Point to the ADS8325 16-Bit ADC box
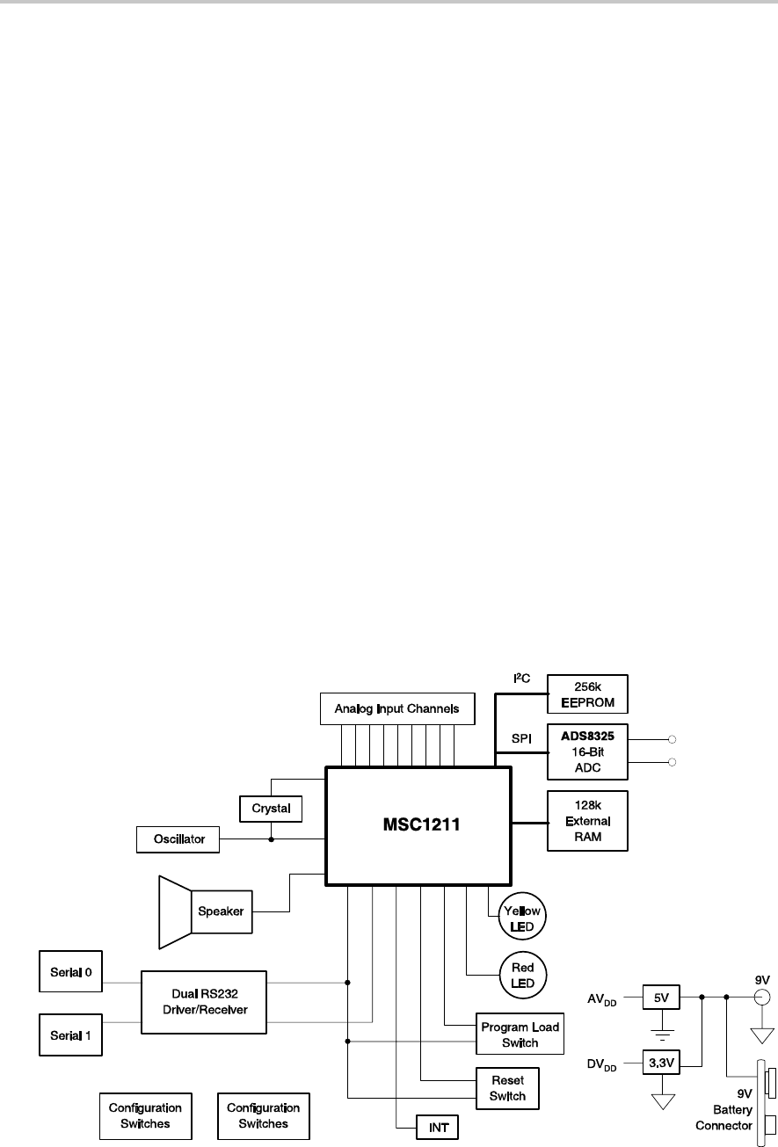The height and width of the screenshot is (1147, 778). pyautogui.click(x=587, y=751)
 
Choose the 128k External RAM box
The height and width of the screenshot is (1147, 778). pyautogui.click(x=587, y=821)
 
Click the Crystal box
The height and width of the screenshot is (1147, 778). pyautogui.click(x=271, y=808)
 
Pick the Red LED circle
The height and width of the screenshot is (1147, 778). pyautogui.click(x=522, y=974)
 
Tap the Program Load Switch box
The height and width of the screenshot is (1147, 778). pyautogui.click(x=520, y=1034)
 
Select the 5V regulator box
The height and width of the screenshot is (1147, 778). pyautogui.click(x=660, y=998)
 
